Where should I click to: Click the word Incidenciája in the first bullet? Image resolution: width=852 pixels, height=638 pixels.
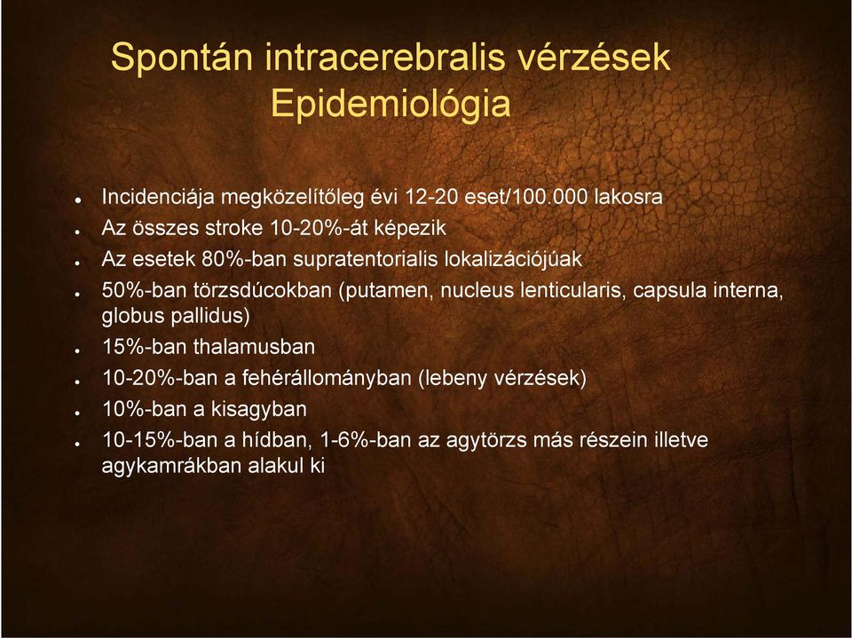tap(158, 197)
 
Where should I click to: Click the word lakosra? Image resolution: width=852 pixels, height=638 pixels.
tap(628, 197)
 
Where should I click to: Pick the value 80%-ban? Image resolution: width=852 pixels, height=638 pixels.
tap(244, 259)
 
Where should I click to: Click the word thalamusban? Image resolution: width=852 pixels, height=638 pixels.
tap(254, 347)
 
